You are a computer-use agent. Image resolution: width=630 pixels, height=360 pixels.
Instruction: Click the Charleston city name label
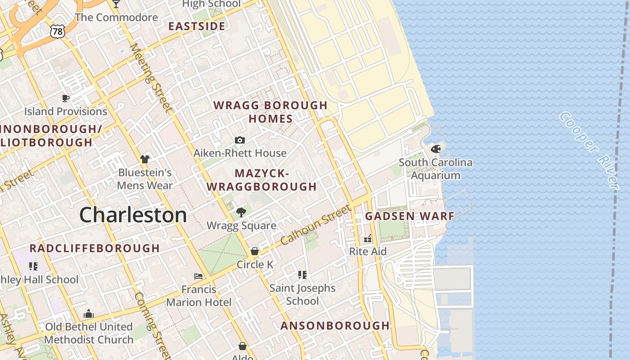pyautogui.click(x=133, y=215)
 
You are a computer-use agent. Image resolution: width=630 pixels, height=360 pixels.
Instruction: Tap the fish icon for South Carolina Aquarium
pyautogui.click(x=435, y=149)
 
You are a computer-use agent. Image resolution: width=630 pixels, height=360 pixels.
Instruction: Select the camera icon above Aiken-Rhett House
pyautogui.click(x=240, y=140)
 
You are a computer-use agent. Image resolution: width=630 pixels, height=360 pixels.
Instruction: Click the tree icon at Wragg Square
pyautogui.click(x=241, y=212)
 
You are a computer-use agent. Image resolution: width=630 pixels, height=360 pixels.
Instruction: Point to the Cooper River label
pyautogui.click(x=589, y=150)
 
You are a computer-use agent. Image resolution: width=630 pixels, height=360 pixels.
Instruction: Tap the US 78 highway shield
pyautogui.click(x=58, y=31)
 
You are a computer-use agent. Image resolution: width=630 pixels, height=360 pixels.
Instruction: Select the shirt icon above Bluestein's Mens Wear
pyautogui.click(x=144, y=159)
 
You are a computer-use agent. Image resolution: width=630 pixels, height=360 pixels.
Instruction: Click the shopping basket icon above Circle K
pyautogui.click(x=255, y=251)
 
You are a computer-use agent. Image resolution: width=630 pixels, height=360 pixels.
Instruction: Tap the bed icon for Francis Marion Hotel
pyautogui.click(x=198, y=276)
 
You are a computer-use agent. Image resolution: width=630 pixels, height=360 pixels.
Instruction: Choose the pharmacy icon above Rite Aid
pyautogui.click(x=368, y=238)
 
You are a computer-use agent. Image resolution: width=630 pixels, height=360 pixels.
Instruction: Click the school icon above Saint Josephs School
pyautogui.click(x=302, y=274)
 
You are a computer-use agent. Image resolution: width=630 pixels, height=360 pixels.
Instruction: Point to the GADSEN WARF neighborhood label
pyautogui.click(x=409, y=216)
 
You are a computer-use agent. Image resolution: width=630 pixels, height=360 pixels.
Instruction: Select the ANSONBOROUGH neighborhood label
pyautogui.click(x=335, y=326)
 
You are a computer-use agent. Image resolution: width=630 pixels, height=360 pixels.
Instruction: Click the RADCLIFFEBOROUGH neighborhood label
pyautogui.click(x=94, y=248)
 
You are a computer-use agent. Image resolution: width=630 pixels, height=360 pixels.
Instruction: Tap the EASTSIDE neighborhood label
pyautogui.click(x=197, y=26)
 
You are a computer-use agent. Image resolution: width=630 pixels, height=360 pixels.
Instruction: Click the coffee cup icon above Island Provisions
pyautogui.click(x=66, y=98)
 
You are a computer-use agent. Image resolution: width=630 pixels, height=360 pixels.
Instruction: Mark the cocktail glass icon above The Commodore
pyautogui.click(x=116, y=4)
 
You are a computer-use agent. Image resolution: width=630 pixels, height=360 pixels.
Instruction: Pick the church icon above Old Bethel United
pyautogui.click(x=89, y=314)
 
